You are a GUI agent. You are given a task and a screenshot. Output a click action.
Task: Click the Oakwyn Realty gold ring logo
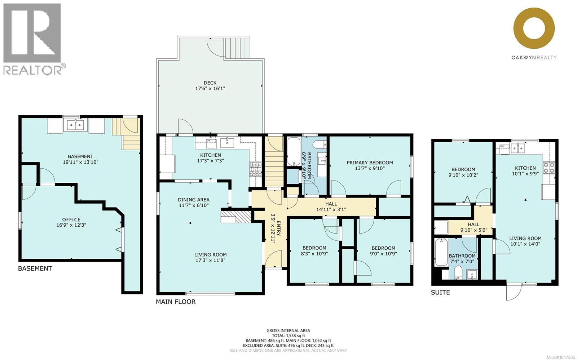click(534, 28)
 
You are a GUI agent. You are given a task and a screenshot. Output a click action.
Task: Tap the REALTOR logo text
click(32, 70)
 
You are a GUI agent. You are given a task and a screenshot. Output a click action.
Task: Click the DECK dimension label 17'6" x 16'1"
click(210, 88)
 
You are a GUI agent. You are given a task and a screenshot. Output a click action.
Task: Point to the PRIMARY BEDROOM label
click(370, 163)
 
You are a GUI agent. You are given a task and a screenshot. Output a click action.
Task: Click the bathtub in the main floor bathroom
click(294, 151)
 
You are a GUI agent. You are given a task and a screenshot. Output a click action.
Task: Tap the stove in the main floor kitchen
click(255, 169)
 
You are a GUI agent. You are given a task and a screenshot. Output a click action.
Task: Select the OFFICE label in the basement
click(71, 219)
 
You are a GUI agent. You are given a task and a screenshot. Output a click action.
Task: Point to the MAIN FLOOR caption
click(176, 302)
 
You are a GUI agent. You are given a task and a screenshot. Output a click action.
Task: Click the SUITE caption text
click(440, 292)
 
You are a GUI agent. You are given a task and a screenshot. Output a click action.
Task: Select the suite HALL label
click(474, 224)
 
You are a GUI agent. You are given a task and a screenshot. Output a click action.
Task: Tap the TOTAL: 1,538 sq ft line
click(288, 335)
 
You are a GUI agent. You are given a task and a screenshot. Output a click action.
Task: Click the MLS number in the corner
click(561, 357)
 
